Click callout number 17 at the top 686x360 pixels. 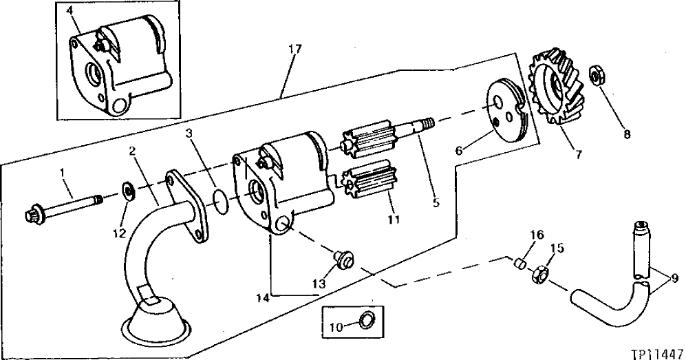point(294,50)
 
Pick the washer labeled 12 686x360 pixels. point(128,189)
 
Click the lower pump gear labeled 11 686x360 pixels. point(369,186)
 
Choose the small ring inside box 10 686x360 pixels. point(367,318)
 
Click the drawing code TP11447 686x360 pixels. point(657,350)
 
